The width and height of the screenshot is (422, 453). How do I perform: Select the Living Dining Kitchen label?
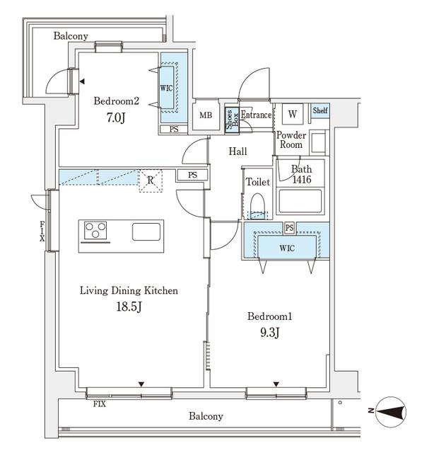tap(128, 290)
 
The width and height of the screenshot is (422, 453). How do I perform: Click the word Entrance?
tap(256, 115)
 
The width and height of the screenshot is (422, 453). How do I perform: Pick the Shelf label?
tap(320, 110)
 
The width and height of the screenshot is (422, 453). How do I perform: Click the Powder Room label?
tap(290, 139)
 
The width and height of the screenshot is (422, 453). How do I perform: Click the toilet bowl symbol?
tap(257, 206)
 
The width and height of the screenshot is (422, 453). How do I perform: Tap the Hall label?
tap(238, 151)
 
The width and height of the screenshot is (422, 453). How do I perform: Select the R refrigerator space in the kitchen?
tap(151, 180)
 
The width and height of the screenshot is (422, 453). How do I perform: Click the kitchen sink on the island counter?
tap(146, 231)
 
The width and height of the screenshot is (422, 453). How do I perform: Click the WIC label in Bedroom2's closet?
tap(167, 88)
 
